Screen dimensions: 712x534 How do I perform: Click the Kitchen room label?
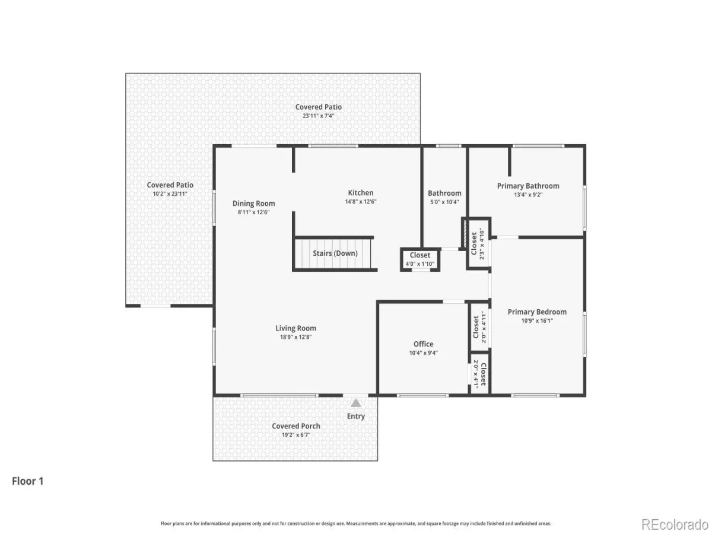point(360,193)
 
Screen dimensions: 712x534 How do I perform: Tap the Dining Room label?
point(253,204)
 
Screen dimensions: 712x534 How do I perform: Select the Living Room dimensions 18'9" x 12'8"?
point(295,337)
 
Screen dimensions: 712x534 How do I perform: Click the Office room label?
point(423,344)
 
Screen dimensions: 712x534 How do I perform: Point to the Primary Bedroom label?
point(537,312)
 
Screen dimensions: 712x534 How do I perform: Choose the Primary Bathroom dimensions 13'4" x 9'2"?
point(528,195)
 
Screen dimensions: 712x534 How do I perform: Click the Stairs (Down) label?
point(335,253)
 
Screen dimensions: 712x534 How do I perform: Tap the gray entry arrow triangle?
point(356,403)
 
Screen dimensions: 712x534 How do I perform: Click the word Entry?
point(356,416)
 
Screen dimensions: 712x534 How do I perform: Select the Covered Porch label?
point(296,426)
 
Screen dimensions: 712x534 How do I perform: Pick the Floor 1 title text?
point(27,481)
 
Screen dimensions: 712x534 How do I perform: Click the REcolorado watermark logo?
point(675,525)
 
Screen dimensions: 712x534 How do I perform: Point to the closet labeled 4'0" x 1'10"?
point(419,259)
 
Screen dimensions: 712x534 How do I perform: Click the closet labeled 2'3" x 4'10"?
point(478,243)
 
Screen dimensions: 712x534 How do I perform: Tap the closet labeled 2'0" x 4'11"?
point(479,327)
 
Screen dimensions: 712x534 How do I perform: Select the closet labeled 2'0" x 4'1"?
point(479,374)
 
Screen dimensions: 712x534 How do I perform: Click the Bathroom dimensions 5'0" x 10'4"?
point(444,202)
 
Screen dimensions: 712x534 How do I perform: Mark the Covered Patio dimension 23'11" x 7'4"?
point(318,116)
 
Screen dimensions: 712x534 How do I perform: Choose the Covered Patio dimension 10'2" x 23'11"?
point(170,194)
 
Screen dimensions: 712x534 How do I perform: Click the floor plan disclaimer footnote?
point(355,523)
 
